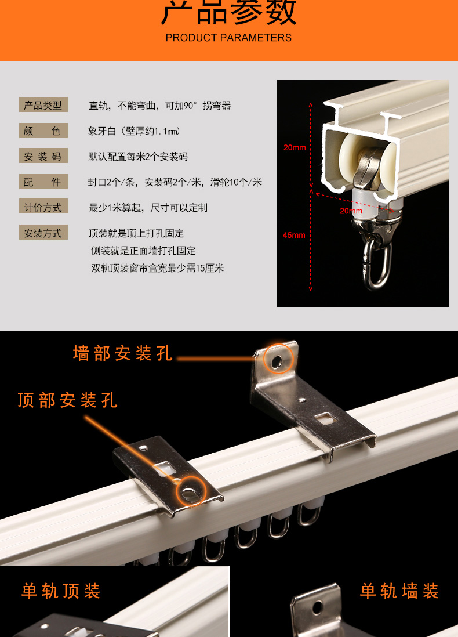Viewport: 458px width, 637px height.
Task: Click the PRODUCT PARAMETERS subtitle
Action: [x=228, y=38]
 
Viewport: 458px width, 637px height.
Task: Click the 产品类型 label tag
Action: [x=43, y=105]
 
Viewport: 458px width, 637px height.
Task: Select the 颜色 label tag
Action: [x=43, y=131]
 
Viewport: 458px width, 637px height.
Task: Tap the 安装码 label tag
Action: [x=43, y=157]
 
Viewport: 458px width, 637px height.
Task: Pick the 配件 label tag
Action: [x=43, y=182]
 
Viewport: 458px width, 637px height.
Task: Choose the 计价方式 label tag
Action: [x=43, y=207]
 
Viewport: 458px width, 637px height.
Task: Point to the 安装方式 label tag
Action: [x=43, y=233]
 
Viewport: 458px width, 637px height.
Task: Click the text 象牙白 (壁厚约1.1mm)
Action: [x=134, y=132]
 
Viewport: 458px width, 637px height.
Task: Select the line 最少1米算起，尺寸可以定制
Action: [x=148, y=208]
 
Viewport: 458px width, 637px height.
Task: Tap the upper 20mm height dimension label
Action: [x=295, y=147]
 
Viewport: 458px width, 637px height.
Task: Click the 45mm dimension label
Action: [x=294, y=235]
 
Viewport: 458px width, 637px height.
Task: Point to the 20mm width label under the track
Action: [x=351, y=211]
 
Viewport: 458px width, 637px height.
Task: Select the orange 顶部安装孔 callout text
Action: [x=67, y=400]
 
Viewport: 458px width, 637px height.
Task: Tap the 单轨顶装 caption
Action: [x=61, y=591]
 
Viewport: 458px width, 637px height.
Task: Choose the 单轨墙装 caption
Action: [x=399, y=591]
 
